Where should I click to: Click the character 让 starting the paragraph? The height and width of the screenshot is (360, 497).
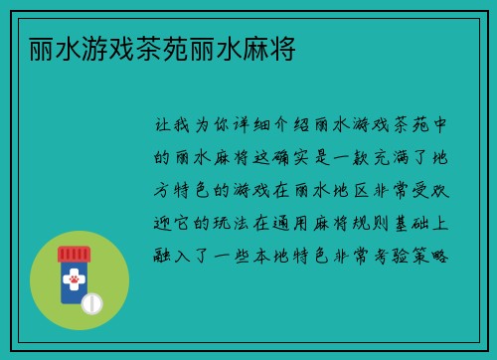[x=164, y=126]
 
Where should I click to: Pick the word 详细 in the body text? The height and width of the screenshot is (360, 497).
[x=249, y=126]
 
